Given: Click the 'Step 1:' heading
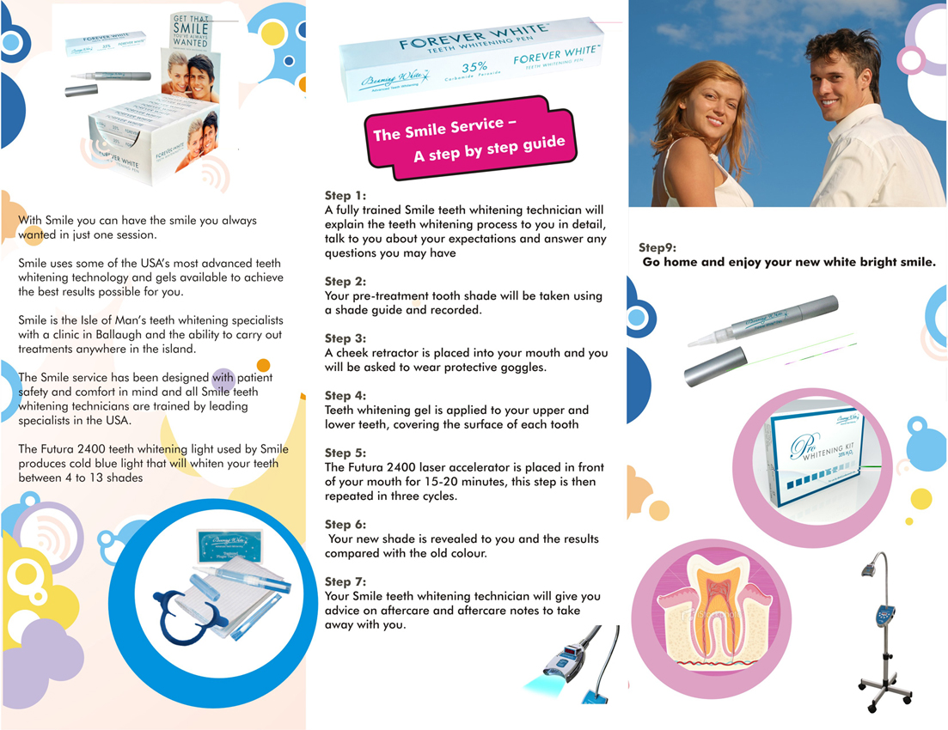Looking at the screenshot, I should (345, 196).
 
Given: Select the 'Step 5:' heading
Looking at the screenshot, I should (345, 453).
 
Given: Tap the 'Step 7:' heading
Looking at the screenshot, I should (345, 581).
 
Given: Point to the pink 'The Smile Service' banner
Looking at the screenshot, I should (468, 137).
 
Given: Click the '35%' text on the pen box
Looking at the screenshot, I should (474, 65).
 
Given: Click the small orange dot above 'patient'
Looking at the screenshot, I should (263, 365).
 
